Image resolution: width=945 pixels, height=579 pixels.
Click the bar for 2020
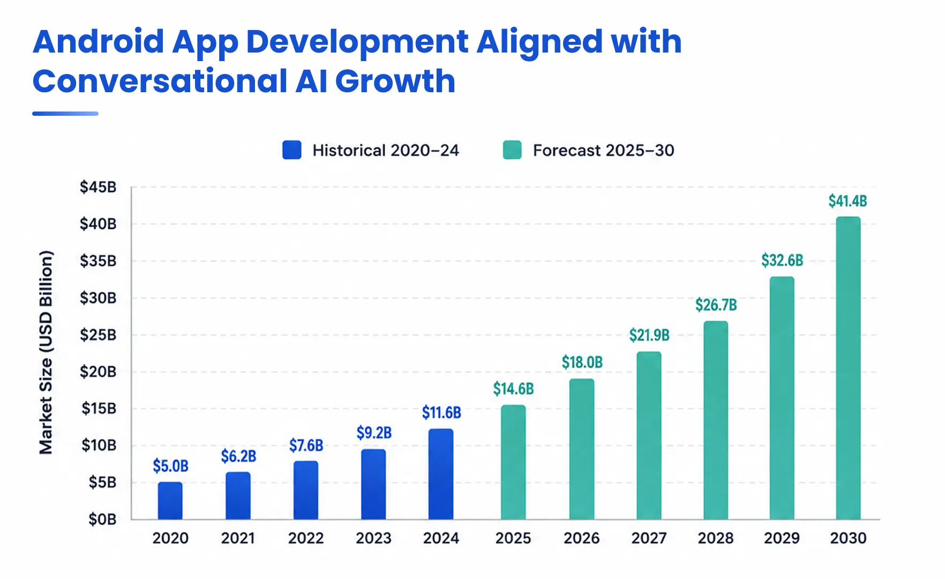point(170,501)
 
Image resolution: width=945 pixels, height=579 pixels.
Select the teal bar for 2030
point(848,368)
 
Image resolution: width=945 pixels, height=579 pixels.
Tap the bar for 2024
point(441,474)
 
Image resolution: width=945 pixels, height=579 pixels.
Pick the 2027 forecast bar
point(649,435)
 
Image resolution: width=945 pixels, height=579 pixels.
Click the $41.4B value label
point(847,201)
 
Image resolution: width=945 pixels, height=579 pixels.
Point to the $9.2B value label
point(374,433)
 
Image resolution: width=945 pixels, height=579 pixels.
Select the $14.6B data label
point(513,389)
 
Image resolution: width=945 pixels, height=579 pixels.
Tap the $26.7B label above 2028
point(716,305)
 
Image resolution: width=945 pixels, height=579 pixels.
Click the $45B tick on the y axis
point(98,187)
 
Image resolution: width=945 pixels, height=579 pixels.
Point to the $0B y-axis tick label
point(102,519)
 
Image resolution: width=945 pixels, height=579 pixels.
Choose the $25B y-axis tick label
point(98,335)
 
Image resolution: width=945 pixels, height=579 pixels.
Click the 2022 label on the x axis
point(306,538)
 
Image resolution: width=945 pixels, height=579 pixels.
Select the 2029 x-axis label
point(782,538)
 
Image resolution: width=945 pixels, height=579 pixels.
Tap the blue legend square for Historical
point(292,150)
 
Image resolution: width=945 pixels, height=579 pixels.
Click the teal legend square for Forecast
point(512,150)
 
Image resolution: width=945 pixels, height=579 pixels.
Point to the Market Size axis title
point(46,352)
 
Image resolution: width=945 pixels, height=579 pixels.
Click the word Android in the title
point(99,42)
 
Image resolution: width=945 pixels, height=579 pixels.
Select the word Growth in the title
point(395,81)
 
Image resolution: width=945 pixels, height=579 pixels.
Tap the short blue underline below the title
point(65,114)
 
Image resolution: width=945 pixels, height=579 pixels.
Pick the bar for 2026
point(581,449)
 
